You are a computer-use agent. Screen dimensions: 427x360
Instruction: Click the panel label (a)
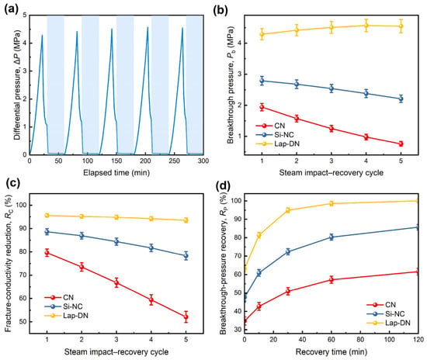coord(12,9)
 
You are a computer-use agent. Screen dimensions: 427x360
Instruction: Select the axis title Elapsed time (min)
coord(116,172)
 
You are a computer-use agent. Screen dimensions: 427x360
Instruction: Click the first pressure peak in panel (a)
coord(42,35)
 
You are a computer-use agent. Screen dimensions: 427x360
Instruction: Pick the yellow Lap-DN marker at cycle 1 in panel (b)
coord(262,34)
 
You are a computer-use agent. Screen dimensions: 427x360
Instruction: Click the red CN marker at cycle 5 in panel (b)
coord(401,144)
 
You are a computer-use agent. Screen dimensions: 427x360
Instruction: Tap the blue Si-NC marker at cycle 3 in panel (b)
coord(332,88)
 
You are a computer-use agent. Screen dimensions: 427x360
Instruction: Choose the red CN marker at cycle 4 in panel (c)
coord(151,299)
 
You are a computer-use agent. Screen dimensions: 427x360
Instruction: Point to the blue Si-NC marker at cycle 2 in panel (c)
coord(82,236)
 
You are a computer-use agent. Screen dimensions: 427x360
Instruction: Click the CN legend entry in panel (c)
coord(59,298)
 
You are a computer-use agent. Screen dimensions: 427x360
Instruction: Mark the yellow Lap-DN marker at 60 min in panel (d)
coord(332,203)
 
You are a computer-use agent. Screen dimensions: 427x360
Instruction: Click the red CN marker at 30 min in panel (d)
coord(288,291)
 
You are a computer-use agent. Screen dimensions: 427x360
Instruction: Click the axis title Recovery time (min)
coord(332,351)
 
